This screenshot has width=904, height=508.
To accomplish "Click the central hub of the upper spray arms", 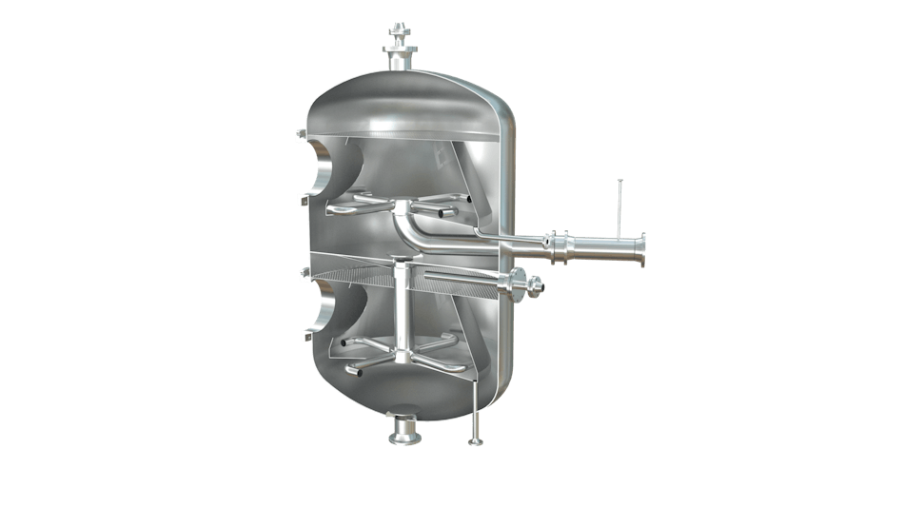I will pyautogui.click(x=400, y=206).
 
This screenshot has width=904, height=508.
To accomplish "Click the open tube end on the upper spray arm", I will pyautogui.click(x=468, y=199).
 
